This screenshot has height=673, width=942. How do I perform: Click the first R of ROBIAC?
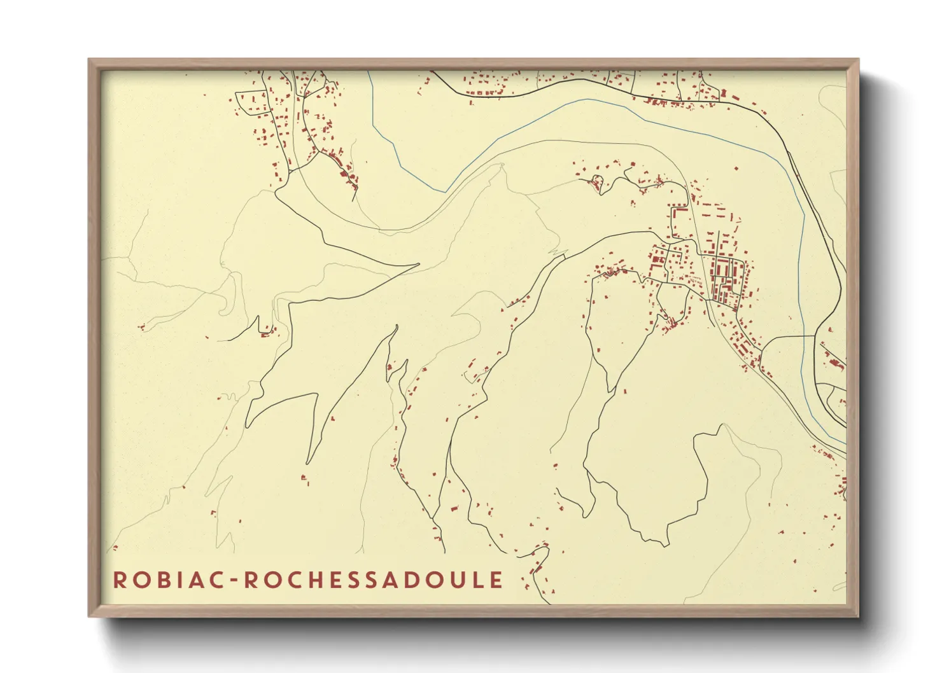pos(119,579)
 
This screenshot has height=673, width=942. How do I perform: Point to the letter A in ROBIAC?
pos(193,579)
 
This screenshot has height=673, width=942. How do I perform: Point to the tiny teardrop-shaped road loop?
pos(597,181)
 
